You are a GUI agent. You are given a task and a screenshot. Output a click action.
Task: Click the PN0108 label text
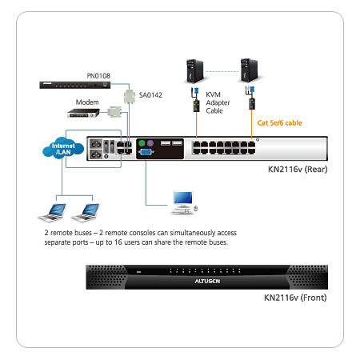click(x=98, y=76)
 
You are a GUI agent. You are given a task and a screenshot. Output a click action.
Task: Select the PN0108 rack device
click(x=75, y=85)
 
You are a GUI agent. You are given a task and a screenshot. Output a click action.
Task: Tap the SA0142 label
click(x=150, y=95)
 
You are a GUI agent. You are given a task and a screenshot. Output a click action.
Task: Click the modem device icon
click(x=83, y=113)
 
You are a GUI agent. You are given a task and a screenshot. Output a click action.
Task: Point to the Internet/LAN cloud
click(x=63, y=148)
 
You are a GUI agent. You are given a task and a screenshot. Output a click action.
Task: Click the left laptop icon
click(x=52, y=212)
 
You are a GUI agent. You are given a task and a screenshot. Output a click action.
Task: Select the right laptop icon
click(x=86, y=212)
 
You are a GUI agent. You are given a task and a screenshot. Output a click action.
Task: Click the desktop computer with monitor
click(x=185, y=202)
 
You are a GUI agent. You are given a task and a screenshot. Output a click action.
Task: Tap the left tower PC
click(x=194, y=71)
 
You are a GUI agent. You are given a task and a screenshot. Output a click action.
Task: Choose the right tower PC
click(x=249, y=70)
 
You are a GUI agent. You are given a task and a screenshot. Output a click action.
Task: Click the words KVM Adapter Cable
click(x=218, y=102)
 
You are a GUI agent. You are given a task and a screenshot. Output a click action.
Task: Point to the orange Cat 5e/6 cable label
click(x=279, y=123)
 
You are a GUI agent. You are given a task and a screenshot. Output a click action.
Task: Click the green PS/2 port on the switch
click(x=142, y=143)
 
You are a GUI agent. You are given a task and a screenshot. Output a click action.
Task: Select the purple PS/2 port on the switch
click(x=150, y=143)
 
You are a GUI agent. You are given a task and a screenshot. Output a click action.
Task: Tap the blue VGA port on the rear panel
click(x=146, y=152)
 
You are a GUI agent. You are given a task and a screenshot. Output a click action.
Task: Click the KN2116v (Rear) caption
click(x=298, y=170)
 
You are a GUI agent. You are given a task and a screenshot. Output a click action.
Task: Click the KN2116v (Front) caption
click(x=295, y=298)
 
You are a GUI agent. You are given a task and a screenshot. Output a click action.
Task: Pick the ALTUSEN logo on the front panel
click(x=207, y=282)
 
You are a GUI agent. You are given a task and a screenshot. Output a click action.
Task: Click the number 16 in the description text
click(x=118, y=242)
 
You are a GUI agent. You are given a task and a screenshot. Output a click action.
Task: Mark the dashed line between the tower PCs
click(x=222, y=71)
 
